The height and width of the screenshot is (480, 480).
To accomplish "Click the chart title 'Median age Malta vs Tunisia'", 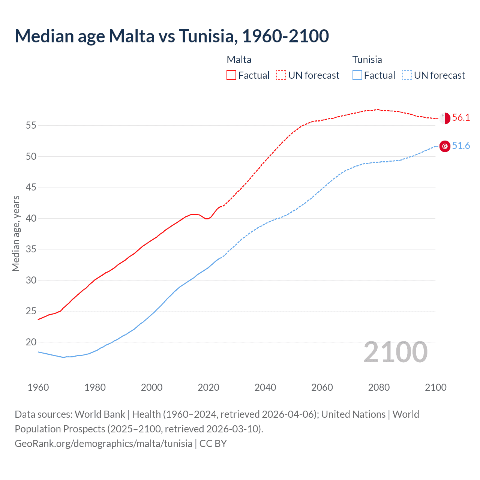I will coord(172,36).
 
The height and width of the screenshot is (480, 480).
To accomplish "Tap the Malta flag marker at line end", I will coord(445,118).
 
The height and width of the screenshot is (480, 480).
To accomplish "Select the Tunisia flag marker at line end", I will coord(445,146).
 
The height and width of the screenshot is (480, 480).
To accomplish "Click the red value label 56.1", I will coord(461,118).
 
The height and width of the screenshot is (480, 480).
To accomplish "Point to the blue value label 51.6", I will coord(461,146).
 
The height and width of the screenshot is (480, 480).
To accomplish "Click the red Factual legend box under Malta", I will coord(231,75).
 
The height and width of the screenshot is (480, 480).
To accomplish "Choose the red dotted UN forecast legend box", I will coord(281,75).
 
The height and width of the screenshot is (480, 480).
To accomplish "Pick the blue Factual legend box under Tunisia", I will coord(357,75).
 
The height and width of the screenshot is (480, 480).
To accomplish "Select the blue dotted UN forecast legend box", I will coord(407,75).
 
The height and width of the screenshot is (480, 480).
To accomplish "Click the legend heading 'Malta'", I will coord(239,60).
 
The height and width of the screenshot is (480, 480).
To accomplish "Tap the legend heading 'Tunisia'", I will coord(367,60).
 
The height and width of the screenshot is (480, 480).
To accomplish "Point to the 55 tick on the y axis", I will coord(31,126).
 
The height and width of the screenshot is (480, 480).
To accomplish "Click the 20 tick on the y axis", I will coord(31,342).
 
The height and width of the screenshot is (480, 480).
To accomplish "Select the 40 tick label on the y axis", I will coord(31,218).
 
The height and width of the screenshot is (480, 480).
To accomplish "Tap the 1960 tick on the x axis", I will coord(38,387).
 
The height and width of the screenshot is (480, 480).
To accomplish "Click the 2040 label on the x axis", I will coord(265,387).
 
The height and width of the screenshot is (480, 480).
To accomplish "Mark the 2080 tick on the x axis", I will coord(379,387).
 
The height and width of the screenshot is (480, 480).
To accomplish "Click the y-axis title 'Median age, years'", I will coord(16,233).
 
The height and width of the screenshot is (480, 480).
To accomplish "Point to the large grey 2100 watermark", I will coord(396,352).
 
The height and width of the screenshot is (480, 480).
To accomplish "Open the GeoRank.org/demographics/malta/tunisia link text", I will coord(103,444).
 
